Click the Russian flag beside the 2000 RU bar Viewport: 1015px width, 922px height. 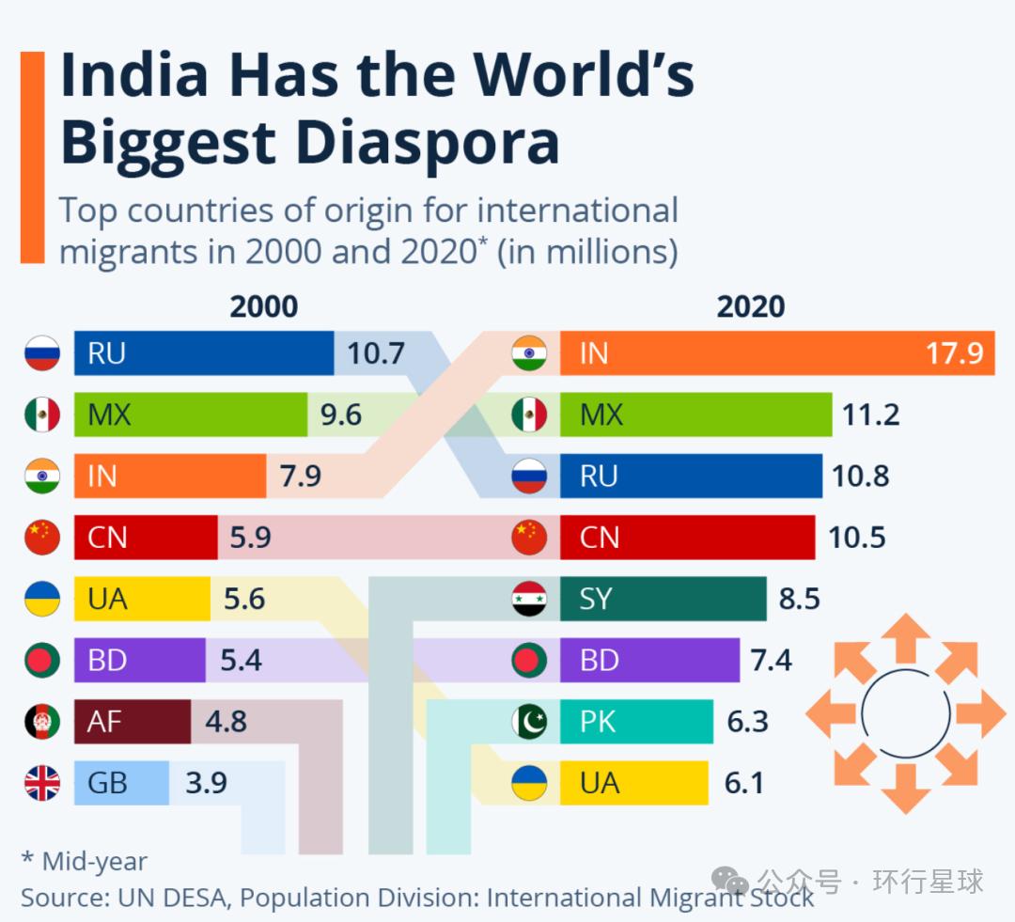point(42,354)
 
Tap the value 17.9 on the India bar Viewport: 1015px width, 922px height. point(954,353)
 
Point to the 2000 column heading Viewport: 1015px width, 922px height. point(264,306)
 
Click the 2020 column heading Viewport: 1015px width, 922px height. point(750,306)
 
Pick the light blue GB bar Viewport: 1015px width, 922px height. point(122,783)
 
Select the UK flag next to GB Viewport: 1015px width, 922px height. point(42,783)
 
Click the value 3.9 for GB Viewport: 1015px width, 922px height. point(207,783)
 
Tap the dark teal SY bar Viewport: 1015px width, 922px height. point(664,599)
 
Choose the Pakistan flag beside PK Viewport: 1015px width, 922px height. point(529,721)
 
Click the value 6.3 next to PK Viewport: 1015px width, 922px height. point(748,722)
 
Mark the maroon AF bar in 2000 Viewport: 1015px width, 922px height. point(133,721)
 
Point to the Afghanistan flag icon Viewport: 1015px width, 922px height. point(42,721)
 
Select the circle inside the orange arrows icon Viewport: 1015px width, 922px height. point(905,712)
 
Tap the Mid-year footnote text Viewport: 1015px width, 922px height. point(85,861)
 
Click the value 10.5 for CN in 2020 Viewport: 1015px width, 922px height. point(857,538)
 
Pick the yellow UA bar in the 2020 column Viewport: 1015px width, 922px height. point(634,783)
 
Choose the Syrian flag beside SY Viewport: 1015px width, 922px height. point(529,599)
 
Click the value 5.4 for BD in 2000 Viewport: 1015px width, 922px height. point(241,660)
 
